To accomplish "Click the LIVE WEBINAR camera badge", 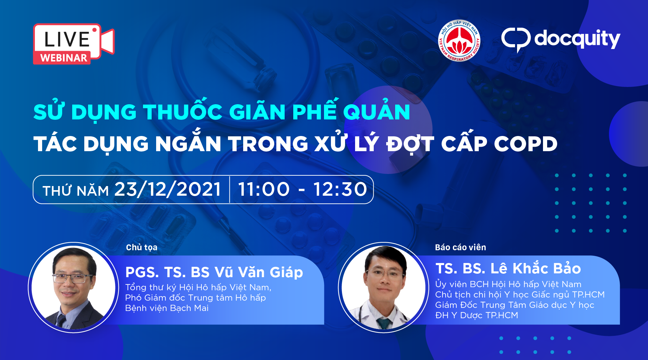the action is (x=74, y=44).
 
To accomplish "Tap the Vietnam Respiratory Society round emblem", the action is (x=459, y=40).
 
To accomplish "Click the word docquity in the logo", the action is (x=577, y=39).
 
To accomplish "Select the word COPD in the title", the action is (x=526, y=144).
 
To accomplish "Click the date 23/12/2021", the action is (x=168, y=189).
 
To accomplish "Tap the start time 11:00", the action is (x=264, y=189).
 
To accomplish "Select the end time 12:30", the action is (x=340, y=189).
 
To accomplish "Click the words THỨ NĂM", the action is (x=76, y=190).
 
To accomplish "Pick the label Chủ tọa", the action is (x=142, y=247).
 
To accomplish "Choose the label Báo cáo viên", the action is (x=460, y=247).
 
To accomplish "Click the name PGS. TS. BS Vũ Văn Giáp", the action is (x=214, y=272).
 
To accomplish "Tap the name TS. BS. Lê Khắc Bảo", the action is (x=508, y=268).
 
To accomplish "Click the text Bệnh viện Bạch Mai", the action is (x=167, y=308).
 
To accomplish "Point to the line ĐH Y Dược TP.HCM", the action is (x=477, y=315).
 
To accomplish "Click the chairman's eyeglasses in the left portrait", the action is (x=72, y=278).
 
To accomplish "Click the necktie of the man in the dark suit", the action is (x=62, y=321).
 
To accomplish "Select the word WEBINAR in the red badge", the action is (x=64, y=58).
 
